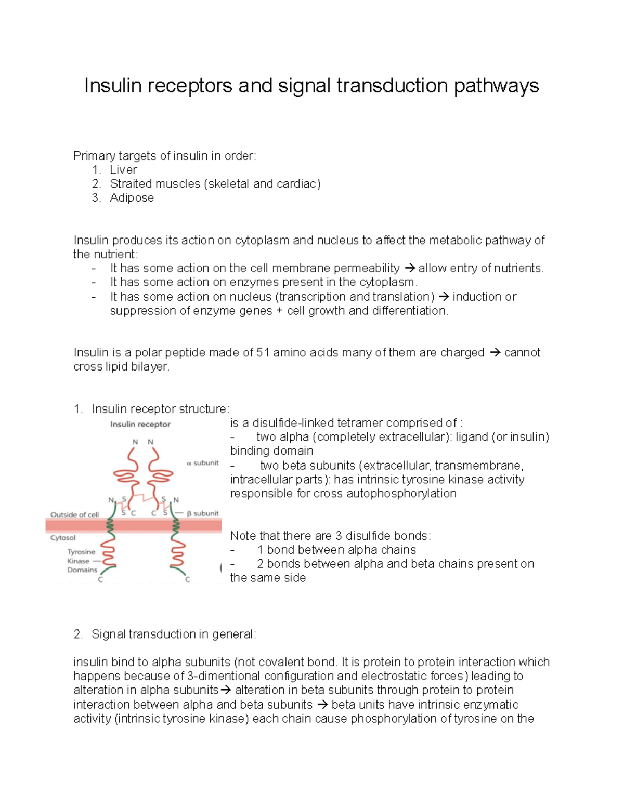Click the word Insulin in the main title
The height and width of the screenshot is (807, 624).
(113, 86)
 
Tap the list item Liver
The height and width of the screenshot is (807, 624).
(123, 170)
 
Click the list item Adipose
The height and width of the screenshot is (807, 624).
(132, 198)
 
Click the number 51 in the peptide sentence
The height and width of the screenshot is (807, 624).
(263, 353)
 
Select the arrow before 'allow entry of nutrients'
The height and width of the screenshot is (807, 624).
(410, 269)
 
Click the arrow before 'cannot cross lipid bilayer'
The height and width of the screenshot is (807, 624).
(495, 353)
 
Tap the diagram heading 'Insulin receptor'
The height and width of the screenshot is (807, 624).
(140, 425)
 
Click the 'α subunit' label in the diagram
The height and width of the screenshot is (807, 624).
(203, 463)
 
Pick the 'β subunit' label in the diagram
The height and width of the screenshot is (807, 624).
(203, 513)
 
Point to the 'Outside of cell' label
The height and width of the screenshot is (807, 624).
(74, 515)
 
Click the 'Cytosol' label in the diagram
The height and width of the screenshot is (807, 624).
(63, 538)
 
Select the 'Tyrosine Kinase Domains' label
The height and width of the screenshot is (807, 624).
(82, 561)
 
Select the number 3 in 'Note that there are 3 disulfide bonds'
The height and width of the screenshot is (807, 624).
(339, 536)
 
